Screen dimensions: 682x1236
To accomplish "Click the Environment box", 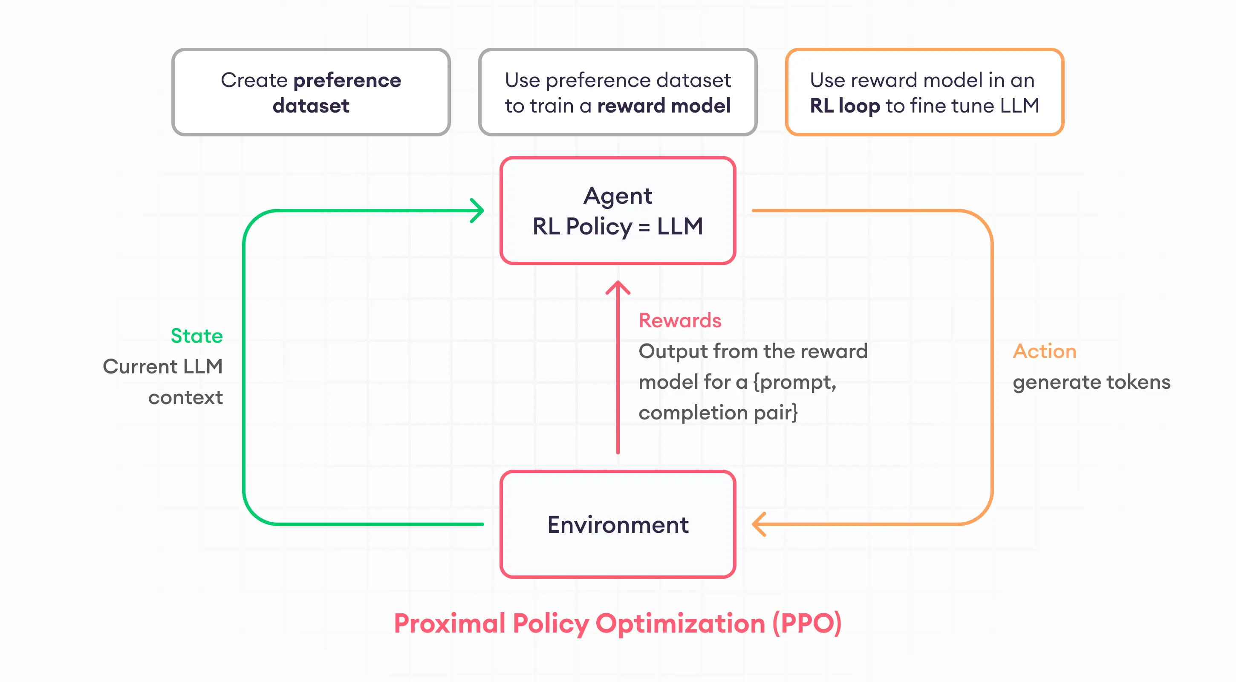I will click(x=618, y=524).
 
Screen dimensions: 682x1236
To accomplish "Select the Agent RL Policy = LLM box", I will click(x=618, y=211).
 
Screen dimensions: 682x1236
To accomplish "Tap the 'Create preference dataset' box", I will click(x=311, y=92).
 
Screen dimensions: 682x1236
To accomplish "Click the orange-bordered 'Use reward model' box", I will click(x=924, y=92).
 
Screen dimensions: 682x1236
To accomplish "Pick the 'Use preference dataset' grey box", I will click(x=618, y=92).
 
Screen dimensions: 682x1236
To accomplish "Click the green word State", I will click(x=197, y=336).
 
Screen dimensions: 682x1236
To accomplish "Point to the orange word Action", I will click(x=1044, y=351).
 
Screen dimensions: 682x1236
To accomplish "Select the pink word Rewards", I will click(x=679, y=321).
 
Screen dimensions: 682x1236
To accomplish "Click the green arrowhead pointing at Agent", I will click(x=477, y=211).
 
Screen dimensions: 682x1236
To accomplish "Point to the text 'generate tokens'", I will click(x=1091, y=382).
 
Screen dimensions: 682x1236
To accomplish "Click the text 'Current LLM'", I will click(x=163, y=367).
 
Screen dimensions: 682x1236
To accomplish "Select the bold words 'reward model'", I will click(x=664, y=106).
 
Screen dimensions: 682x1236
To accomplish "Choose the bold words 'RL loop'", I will click(x=844, y=106).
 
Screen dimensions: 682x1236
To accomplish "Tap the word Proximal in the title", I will click(x=450, y=624).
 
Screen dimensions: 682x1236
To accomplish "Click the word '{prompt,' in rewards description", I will click(x=794, y=382).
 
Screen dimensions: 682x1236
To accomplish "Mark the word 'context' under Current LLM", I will click(x=185, y=397).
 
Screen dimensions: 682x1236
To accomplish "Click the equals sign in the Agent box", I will click(x=644, y=226).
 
